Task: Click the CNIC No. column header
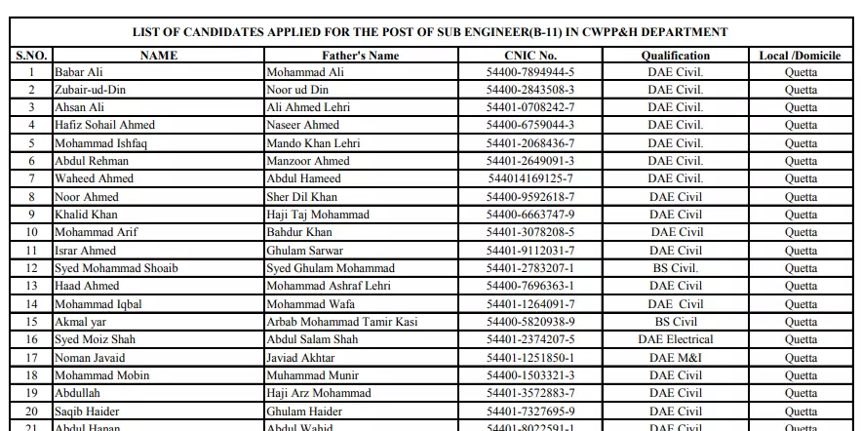click(x=530, y=56)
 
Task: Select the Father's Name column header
click(x=360, y=56)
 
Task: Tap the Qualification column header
click(x=675, y=56)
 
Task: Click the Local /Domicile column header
click(x=800, y=56)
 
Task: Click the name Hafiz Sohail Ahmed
click(x=104, y=125)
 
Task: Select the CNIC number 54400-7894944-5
click(x=530, y=72)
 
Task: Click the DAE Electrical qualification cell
click(x=675, y=339)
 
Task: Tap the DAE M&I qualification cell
click(x=675, y=358)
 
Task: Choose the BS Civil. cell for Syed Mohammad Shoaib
click(x=675, y=268)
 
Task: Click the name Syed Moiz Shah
click(x=95, y=339)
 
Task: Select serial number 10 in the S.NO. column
click(x=32, y=232)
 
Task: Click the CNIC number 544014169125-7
click(x=530, y=178)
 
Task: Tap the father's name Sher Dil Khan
click(x=302, y=197)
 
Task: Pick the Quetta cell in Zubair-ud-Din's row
click(x=801, y=90)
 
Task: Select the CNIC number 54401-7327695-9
click(x=530, y=411)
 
